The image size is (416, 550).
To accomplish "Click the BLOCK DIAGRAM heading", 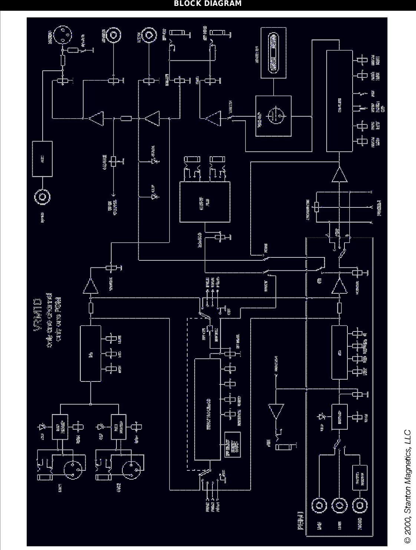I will (x=208, y=4).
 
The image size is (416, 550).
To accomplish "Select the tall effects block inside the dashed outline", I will (x=209, y=409).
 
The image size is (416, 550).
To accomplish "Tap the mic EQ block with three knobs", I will (x=90, y=353).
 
